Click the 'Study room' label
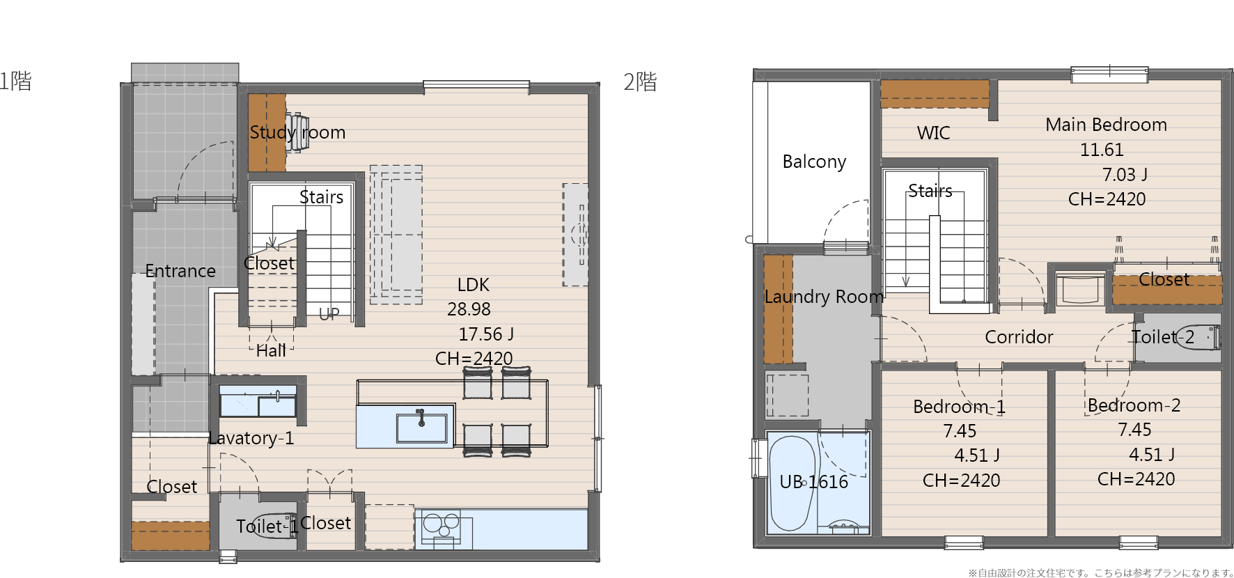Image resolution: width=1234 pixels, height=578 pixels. pyautogui.click(x=297, y=132)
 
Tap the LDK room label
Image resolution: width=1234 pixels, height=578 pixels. pyautogui.click(x=474, y=285)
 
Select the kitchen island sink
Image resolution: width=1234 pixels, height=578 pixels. pyautogui.click(x=421, y=428)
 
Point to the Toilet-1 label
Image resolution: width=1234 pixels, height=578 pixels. pyautogui.click(x=267, y=526)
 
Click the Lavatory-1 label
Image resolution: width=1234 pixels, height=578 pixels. pyautogui.click(x=251, y=438)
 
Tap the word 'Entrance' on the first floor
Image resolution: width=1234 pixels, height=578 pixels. pyautogui.click(x=180, y=271)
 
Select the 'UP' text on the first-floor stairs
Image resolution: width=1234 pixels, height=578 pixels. pyautogui.click(x=329, y=314)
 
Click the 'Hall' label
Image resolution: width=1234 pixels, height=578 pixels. pyautogui.click(x=271, y=350)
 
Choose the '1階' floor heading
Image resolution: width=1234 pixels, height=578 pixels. pyautogui.click(x=15, y=81)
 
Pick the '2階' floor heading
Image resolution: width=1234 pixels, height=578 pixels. pyautogui.click(x=640, y=81)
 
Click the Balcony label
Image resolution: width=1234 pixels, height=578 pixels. pyautogui.click(x=814, y=162)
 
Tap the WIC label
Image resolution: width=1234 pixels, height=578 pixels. pyautogui.click(x=933, y=133)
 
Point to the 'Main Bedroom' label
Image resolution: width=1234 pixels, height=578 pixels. pyautogui.click(x=1106, y=125)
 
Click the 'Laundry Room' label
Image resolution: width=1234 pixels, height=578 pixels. pyautogui.click(x=824, y=297)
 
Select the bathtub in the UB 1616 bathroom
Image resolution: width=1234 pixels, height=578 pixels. pyautogui.click(x=792, y=483)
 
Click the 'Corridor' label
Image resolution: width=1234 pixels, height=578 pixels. pyautogui.click(x=1019, y=337)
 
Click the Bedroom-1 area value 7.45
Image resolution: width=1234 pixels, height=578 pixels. pyautogui.click(x=960, y=431)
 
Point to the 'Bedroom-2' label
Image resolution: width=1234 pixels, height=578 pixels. pyautogui.click(x=1134, y=405)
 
